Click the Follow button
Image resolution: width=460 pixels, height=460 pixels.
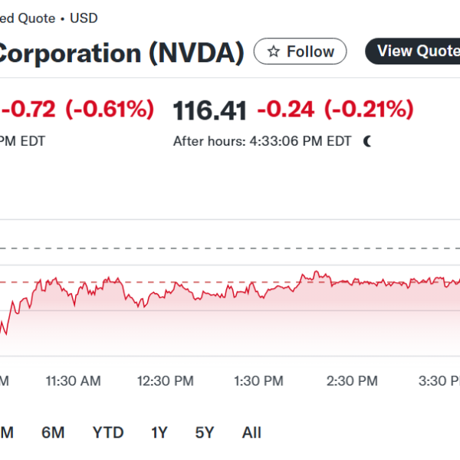coord(300,52)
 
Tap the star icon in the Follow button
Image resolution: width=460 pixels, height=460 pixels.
coord(273,52)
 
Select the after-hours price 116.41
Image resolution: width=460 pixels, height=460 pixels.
coord(210,110)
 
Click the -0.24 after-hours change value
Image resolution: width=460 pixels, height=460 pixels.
coord(285,110)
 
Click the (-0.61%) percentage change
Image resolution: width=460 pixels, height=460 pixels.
coord(110,110)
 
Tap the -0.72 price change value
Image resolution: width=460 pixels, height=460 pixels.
coord(31,110)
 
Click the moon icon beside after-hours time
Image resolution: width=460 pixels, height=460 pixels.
coord(368,141)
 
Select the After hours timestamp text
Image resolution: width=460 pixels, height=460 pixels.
coord(261,141)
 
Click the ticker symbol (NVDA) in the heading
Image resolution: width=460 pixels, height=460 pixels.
coord(196,53)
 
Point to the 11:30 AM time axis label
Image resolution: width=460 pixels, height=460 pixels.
coord(73,381)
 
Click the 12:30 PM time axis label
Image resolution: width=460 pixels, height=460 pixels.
coord(165,381)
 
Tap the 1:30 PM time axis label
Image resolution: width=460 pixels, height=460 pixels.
coord(258,381)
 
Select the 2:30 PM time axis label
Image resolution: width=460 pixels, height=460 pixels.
coord(352,381)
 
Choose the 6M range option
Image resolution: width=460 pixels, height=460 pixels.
coord(53,433)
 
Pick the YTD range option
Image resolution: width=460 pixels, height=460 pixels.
coord(108,433)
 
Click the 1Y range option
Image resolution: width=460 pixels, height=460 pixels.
coord(159,433)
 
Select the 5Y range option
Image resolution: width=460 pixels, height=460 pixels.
coord(205,433)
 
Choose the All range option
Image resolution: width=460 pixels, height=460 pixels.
coord(251,433)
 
